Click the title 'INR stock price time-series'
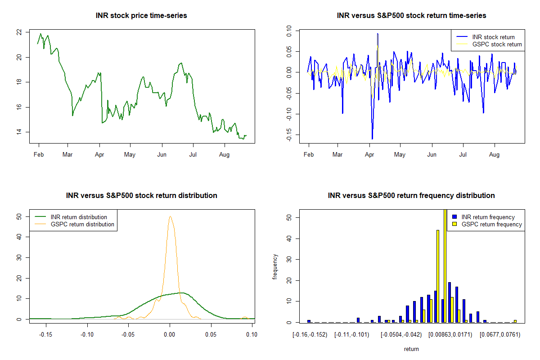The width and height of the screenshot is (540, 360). click(x=141, y=16)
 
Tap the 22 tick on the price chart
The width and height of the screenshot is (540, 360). click(x=18, y=32)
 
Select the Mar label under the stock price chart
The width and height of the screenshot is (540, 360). click(x=67, y=155)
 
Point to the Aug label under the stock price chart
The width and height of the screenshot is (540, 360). click(x=224, y=155)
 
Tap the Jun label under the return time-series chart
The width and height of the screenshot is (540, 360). click(x=432, y=155)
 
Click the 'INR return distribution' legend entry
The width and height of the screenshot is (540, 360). click(x=79, y=217)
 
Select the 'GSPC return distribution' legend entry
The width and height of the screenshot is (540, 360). click(x=82, y=224)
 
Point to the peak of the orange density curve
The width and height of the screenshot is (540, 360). click(x=170, y=216)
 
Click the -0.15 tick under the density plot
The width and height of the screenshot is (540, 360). click(x=45, y=334)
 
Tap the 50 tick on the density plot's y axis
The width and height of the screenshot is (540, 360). click(x=18, y=216)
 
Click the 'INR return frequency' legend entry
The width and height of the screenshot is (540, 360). click(x=488, y=217)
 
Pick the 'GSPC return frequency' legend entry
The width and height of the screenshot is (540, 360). click(x=491, y=224)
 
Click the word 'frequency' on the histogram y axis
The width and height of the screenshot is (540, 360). click(x=275, y=267)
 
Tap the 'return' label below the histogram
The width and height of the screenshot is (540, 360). click(x=411, y=349)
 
